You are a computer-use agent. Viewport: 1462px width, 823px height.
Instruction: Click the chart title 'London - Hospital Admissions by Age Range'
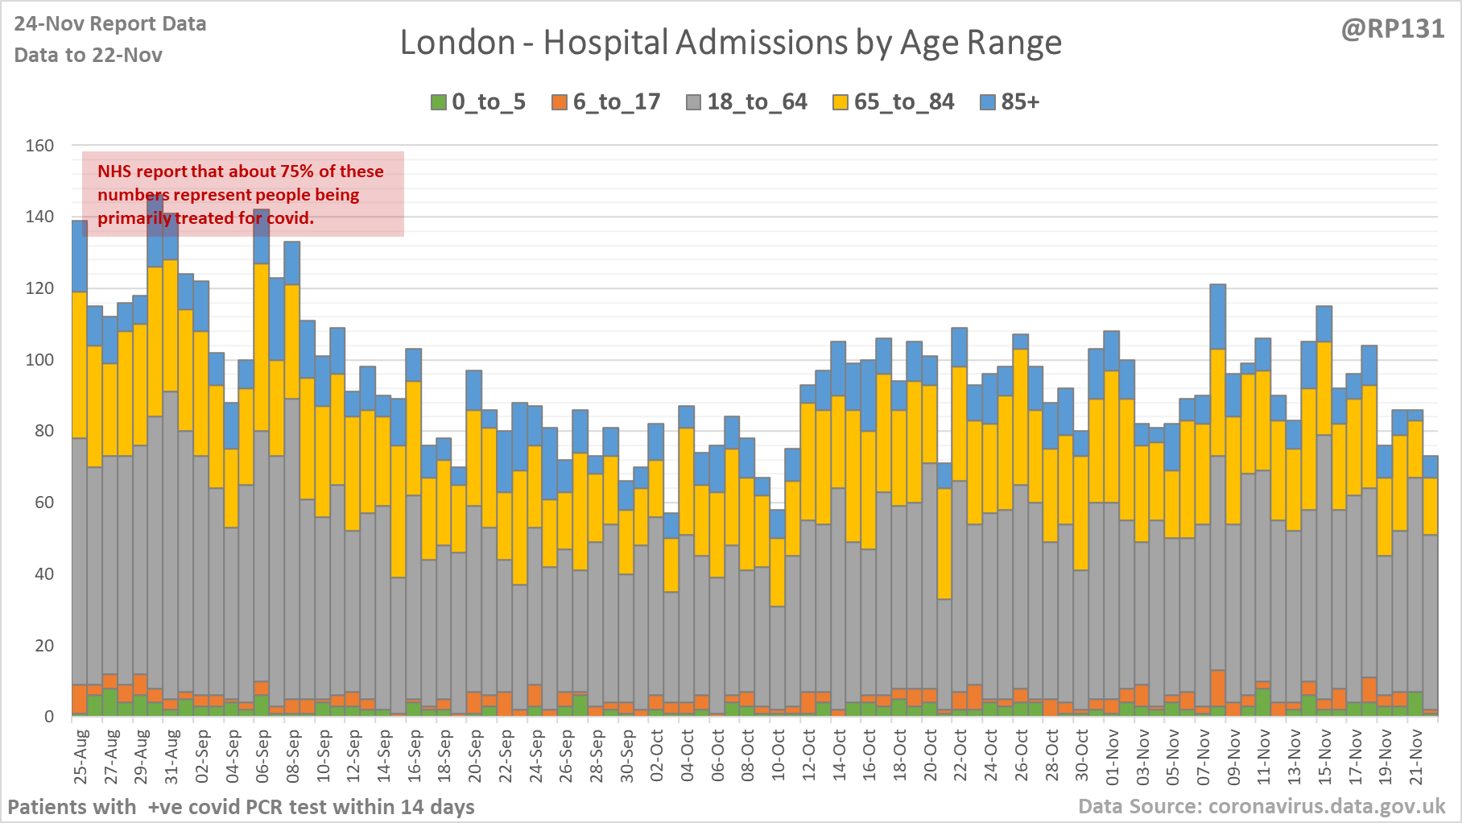tap(730, 43)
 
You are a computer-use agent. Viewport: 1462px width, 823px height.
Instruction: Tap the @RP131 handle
tap(1392, 29)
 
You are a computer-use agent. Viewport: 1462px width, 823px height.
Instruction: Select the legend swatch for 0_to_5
tap(438, 102)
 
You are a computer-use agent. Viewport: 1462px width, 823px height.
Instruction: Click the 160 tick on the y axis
tap(39, 146)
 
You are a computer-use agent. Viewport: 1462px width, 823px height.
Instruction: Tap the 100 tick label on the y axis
tap(39, 360)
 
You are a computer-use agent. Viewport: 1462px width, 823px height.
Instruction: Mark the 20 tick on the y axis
tap(44, 646)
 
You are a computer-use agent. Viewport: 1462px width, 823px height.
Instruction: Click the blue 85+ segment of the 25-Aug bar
tap(80, 256)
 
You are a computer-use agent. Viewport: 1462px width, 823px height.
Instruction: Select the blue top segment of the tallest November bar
tap(1218, 316)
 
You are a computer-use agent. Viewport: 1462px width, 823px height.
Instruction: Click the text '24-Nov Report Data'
tap(110, 24)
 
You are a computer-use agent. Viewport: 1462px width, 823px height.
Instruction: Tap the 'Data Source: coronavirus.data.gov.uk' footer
tap(1262, 806)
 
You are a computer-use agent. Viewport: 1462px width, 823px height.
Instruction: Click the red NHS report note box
tap(242, 194)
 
